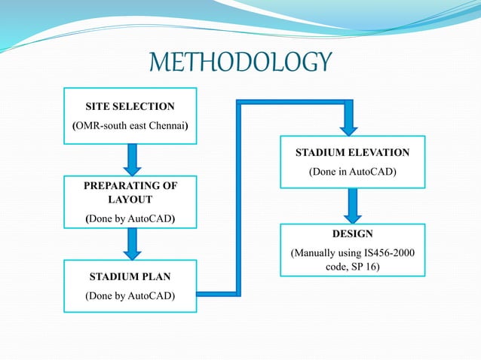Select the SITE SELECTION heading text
coord(131,106)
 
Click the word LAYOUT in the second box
coord(131,199)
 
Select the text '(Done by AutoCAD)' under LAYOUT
coord(131,218)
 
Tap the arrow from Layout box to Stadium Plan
coord(131,243)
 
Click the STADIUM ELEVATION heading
coord(352,152)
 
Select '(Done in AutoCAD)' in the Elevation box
coord(352,172)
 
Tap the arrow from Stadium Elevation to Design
coord(352,205)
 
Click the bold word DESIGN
coord(352,233)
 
